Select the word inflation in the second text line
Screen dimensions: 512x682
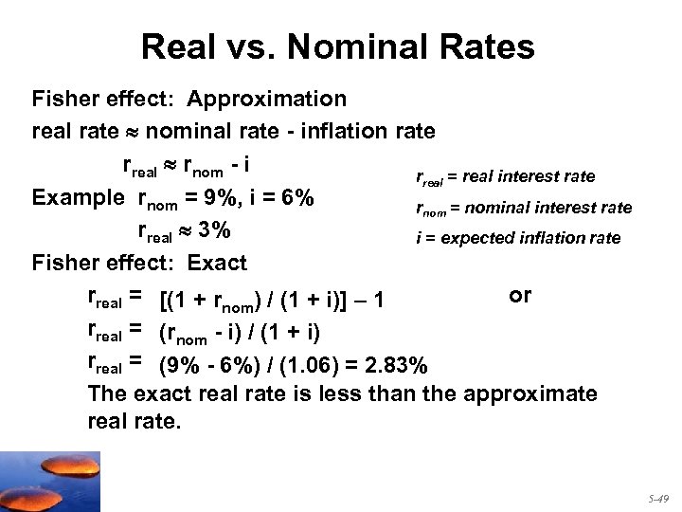coord(337,130)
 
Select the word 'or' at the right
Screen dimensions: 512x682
coord(520,295)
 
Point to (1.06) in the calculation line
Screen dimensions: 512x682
coord(307,363)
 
